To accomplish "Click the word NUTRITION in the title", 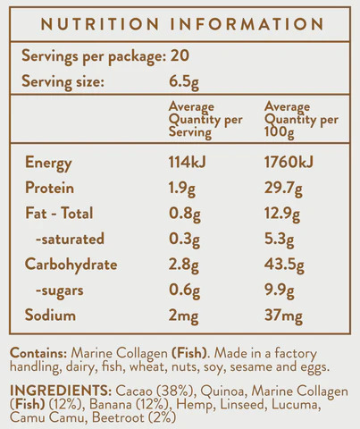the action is [x=99, y=24].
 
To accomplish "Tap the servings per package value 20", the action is [x=180, y=55].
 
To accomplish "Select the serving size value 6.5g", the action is [x=184, y=82].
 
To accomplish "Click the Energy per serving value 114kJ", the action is [x=187, y=163].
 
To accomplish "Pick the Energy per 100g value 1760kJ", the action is [x=289, y=163].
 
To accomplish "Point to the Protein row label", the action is [x=49, y=188].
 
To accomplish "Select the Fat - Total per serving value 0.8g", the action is [x=185, y=214].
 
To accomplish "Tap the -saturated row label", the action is [x=70, y=239].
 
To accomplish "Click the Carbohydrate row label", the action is [x=71, y=265].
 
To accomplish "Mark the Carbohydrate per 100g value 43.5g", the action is [x=284, y=265].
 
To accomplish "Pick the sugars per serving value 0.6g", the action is [x=184, y=290].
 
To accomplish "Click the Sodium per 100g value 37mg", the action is [x=283, y=316].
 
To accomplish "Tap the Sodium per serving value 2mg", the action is [x=183, y=316].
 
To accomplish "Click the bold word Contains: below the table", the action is [x=38, y=353].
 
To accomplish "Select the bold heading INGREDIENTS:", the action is [x=61, y=391].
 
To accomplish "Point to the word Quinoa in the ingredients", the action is [x=222, y=391].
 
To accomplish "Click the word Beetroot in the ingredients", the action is [x=118, y=417].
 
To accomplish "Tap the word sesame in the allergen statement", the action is [x=251, y=367].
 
